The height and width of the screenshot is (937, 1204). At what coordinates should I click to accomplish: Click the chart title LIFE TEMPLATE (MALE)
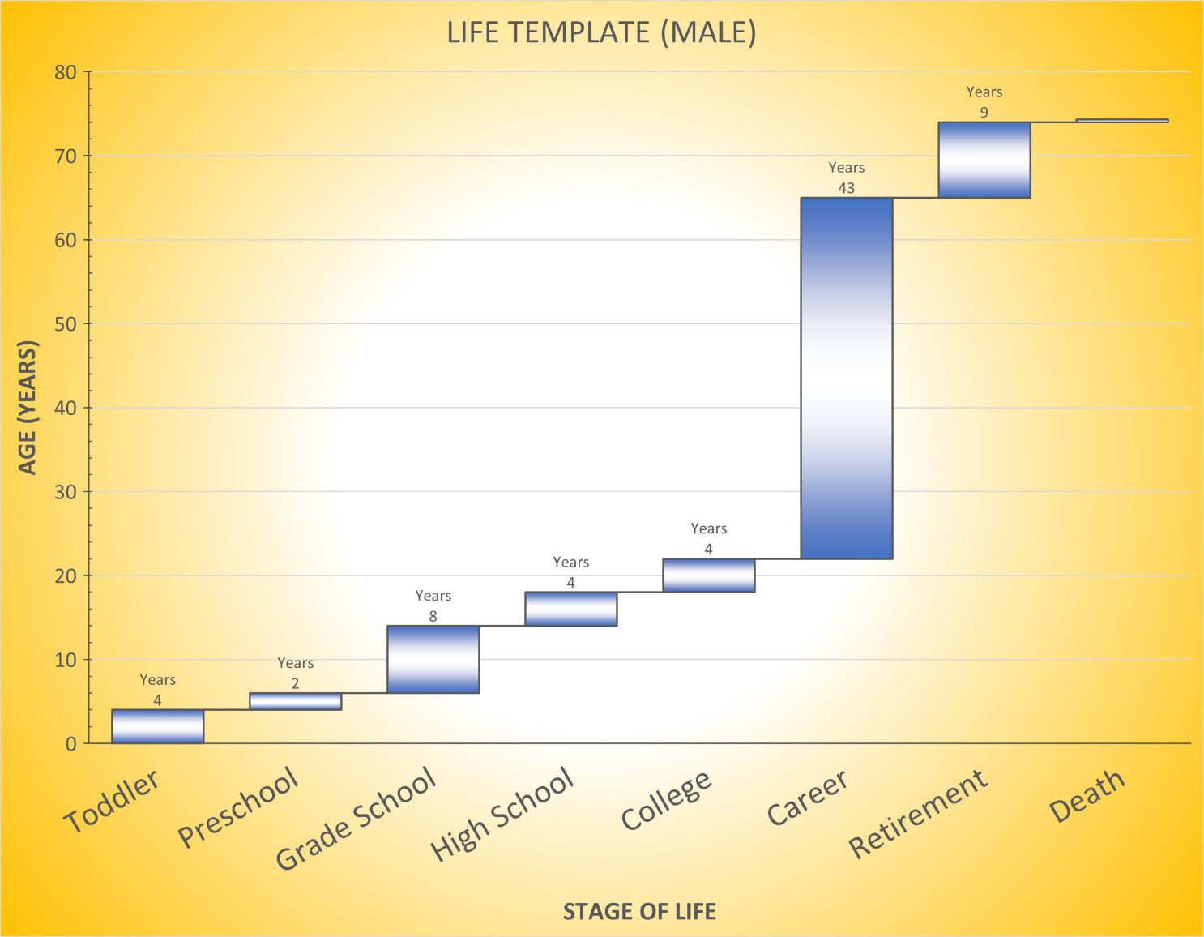coord(601,32)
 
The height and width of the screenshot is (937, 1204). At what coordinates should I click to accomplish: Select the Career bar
coord(846,378)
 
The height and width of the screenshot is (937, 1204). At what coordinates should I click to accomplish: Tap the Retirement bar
coord(984,160)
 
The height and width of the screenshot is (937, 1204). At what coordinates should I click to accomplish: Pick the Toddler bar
coord(157,726)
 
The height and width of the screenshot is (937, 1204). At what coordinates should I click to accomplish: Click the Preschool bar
coord(295,701)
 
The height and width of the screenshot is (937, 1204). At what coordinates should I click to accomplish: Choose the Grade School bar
coord(433,659)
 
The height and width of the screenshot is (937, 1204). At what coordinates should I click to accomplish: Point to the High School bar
coord(570,609)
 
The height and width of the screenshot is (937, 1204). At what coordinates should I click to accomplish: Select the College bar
coord(708,575)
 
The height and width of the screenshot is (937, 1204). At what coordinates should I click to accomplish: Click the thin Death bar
coord(1121,121)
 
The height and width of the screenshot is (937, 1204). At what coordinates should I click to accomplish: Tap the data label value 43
coord(846,188)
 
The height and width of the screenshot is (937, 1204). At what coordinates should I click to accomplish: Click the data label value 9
coord(984,113)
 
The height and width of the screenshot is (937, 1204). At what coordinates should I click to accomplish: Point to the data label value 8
coord(433,617)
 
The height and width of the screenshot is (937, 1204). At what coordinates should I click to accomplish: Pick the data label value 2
coord(295,684)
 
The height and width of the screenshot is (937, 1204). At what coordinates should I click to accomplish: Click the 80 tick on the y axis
coord(66,72)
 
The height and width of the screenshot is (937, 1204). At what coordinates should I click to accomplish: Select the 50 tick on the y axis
coord(66,324)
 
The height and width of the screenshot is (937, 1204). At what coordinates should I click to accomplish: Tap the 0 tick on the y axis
coord(71,744)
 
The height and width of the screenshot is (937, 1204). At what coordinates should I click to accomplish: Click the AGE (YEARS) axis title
coord(28,408)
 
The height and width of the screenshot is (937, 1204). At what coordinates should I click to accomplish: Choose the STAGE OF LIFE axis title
coord(639,912)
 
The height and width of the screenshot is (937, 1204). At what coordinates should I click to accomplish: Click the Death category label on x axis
coord(1087,796)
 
